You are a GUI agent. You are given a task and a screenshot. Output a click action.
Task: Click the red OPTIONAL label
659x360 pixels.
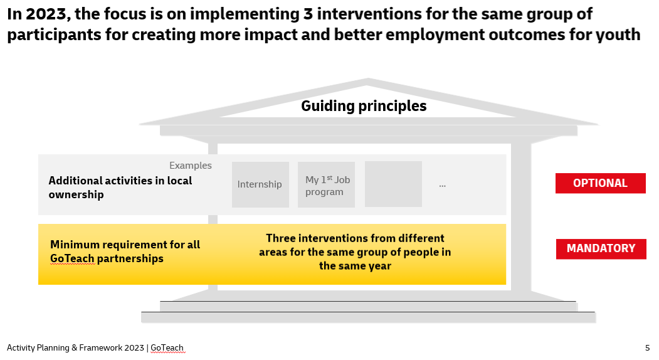pos(600,183)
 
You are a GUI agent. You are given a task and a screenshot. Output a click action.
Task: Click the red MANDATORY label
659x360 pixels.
pos(601,248)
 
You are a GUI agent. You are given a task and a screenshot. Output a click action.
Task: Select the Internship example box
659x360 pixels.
pos(260,184)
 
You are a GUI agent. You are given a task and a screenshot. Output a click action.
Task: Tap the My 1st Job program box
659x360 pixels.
pos(327,185)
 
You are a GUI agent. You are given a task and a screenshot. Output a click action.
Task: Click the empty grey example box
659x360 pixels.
pos(393,184)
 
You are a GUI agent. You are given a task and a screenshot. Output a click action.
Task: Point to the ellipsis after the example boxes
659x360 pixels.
pos(442,185)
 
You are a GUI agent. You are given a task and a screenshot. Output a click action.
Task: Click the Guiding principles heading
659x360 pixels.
pos(364,106)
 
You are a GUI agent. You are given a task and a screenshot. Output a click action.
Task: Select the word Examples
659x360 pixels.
pos(191,166)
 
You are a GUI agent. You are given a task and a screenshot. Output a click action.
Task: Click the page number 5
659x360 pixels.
pos(647,347)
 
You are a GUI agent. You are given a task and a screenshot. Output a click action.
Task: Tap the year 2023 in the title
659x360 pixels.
pos(46,14)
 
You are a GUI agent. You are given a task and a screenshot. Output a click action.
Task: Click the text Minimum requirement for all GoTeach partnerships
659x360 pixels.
pos(125,251)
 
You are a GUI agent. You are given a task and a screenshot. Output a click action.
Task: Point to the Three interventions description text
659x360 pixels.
pos(355,251)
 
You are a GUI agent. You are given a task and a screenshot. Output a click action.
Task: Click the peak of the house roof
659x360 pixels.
pos(368,80)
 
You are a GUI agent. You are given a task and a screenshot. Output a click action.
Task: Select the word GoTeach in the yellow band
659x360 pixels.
pos(72,258)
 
